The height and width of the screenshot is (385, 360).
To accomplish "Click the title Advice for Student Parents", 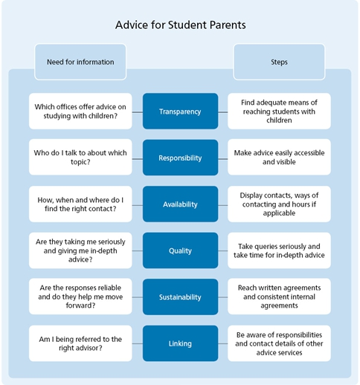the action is pyautogui.click(x=181, y=25).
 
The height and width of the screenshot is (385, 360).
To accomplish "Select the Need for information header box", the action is pyautogui.click(x=80, y=62).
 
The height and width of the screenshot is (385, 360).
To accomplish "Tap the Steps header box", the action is pyautogui.click(x=279, y=62).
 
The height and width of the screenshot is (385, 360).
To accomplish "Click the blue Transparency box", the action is pyautogui.click(x=180, y=111).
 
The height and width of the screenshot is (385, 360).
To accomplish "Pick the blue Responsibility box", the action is pyautogui.click(x=180, y=158).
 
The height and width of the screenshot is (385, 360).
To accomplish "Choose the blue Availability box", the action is pyautogui.click(x=180, y=204).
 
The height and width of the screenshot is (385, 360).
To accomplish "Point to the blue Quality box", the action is pyautogui.click(x=180, y=250).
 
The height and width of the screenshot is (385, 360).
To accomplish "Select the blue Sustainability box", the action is pyautogui.click(x=180, y=297).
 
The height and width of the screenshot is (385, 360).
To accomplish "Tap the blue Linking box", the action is pyautogui.click(x=180, y=343).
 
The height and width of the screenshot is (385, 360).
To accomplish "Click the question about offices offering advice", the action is pyautogui.click(x=80, y=111).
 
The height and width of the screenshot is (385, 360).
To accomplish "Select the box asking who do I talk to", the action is pyautogui.click(x=80, y=157).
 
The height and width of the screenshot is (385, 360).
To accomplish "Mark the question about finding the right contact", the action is pyautogui.click(x=80, y=204).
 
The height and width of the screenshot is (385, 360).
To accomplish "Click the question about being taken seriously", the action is pyautogui.click(x=80, y=250).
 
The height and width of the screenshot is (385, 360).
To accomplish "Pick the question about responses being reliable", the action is pyautogui.click(x=80, y=297).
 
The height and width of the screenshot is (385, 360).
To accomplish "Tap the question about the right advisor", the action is pyautogui.click(x=80, y=343).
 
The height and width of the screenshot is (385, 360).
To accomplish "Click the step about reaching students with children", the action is pyautogui.click(x=279, y=111).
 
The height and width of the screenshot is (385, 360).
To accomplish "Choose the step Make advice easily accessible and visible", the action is pyautogui.click(x=279, y=157).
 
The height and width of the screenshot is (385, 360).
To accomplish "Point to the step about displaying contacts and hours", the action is pyautogui.click(x=279, y=204).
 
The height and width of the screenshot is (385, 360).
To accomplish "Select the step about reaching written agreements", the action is pyautogui.click(x=279, y=297).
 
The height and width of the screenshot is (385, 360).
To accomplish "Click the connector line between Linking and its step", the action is pyautogui.click(x=223, y=343).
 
